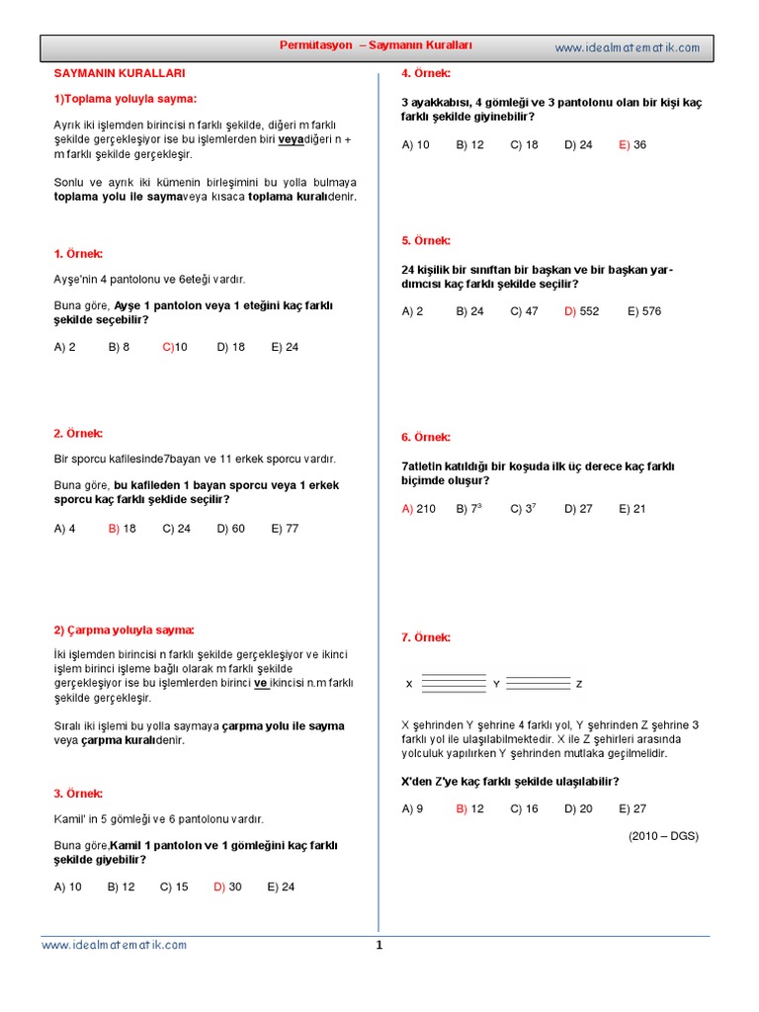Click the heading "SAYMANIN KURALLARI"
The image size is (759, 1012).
(119, 73)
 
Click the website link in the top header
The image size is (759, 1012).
(627, 47)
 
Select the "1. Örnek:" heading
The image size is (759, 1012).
(78, 254)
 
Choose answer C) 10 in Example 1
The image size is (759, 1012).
(175, 347)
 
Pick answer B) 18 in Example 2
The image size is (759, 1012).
(122, 529)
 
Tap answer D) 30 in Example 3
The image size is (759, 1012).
(227, 886)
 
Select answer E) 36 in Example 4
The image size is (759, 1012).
(632, 144)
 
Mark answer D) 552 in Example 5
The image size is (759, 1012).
(582, 311)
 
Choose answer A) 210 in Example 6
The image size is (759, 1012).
(418, 509)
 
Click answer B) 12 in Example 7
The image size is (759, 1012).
(469, 808)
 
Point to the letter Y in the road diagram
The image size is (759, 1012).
(496, 684)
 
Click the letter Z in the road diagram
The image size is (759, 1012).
(579, 684)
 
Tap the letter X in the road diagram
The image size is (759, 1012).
(409, 684)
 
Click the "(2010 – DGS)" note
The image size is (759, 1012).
(663, 835)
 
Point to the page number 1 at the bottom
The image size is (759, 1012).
(379, 945)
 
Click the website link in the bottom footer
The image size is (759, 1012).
(114, 945)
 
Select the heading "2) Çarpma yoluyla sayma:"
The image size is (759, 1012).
(124, 631)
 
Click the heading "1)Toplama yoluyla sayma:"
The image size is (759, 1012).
(125, 99)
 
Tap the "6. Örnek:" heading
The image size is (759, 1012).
(426, 437)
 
